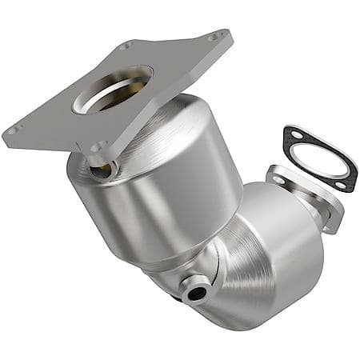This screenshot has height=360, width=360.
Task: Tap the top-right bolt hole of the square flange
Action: [214, 36]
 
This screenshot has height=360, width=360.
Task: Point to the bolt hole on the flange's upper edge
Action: [126, 46]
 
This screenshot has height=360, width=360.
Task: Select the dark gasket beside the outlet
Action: [319, 160]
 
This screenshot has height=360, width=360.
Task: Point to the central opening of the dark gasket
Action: [319, 161]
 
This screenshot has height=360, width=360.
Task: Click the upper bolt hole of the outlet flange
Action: [279, 180]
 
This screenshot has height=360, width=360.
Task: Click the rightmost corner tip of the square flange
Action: [231, 34]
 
